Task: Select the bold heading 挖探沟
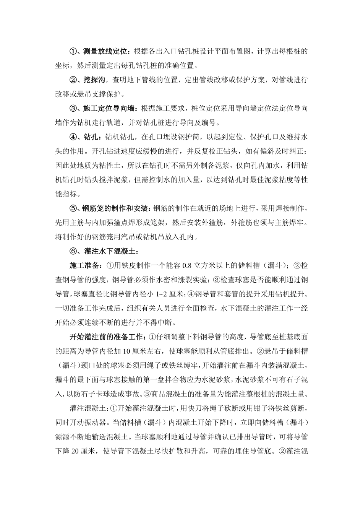click(x=94, y=80)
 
